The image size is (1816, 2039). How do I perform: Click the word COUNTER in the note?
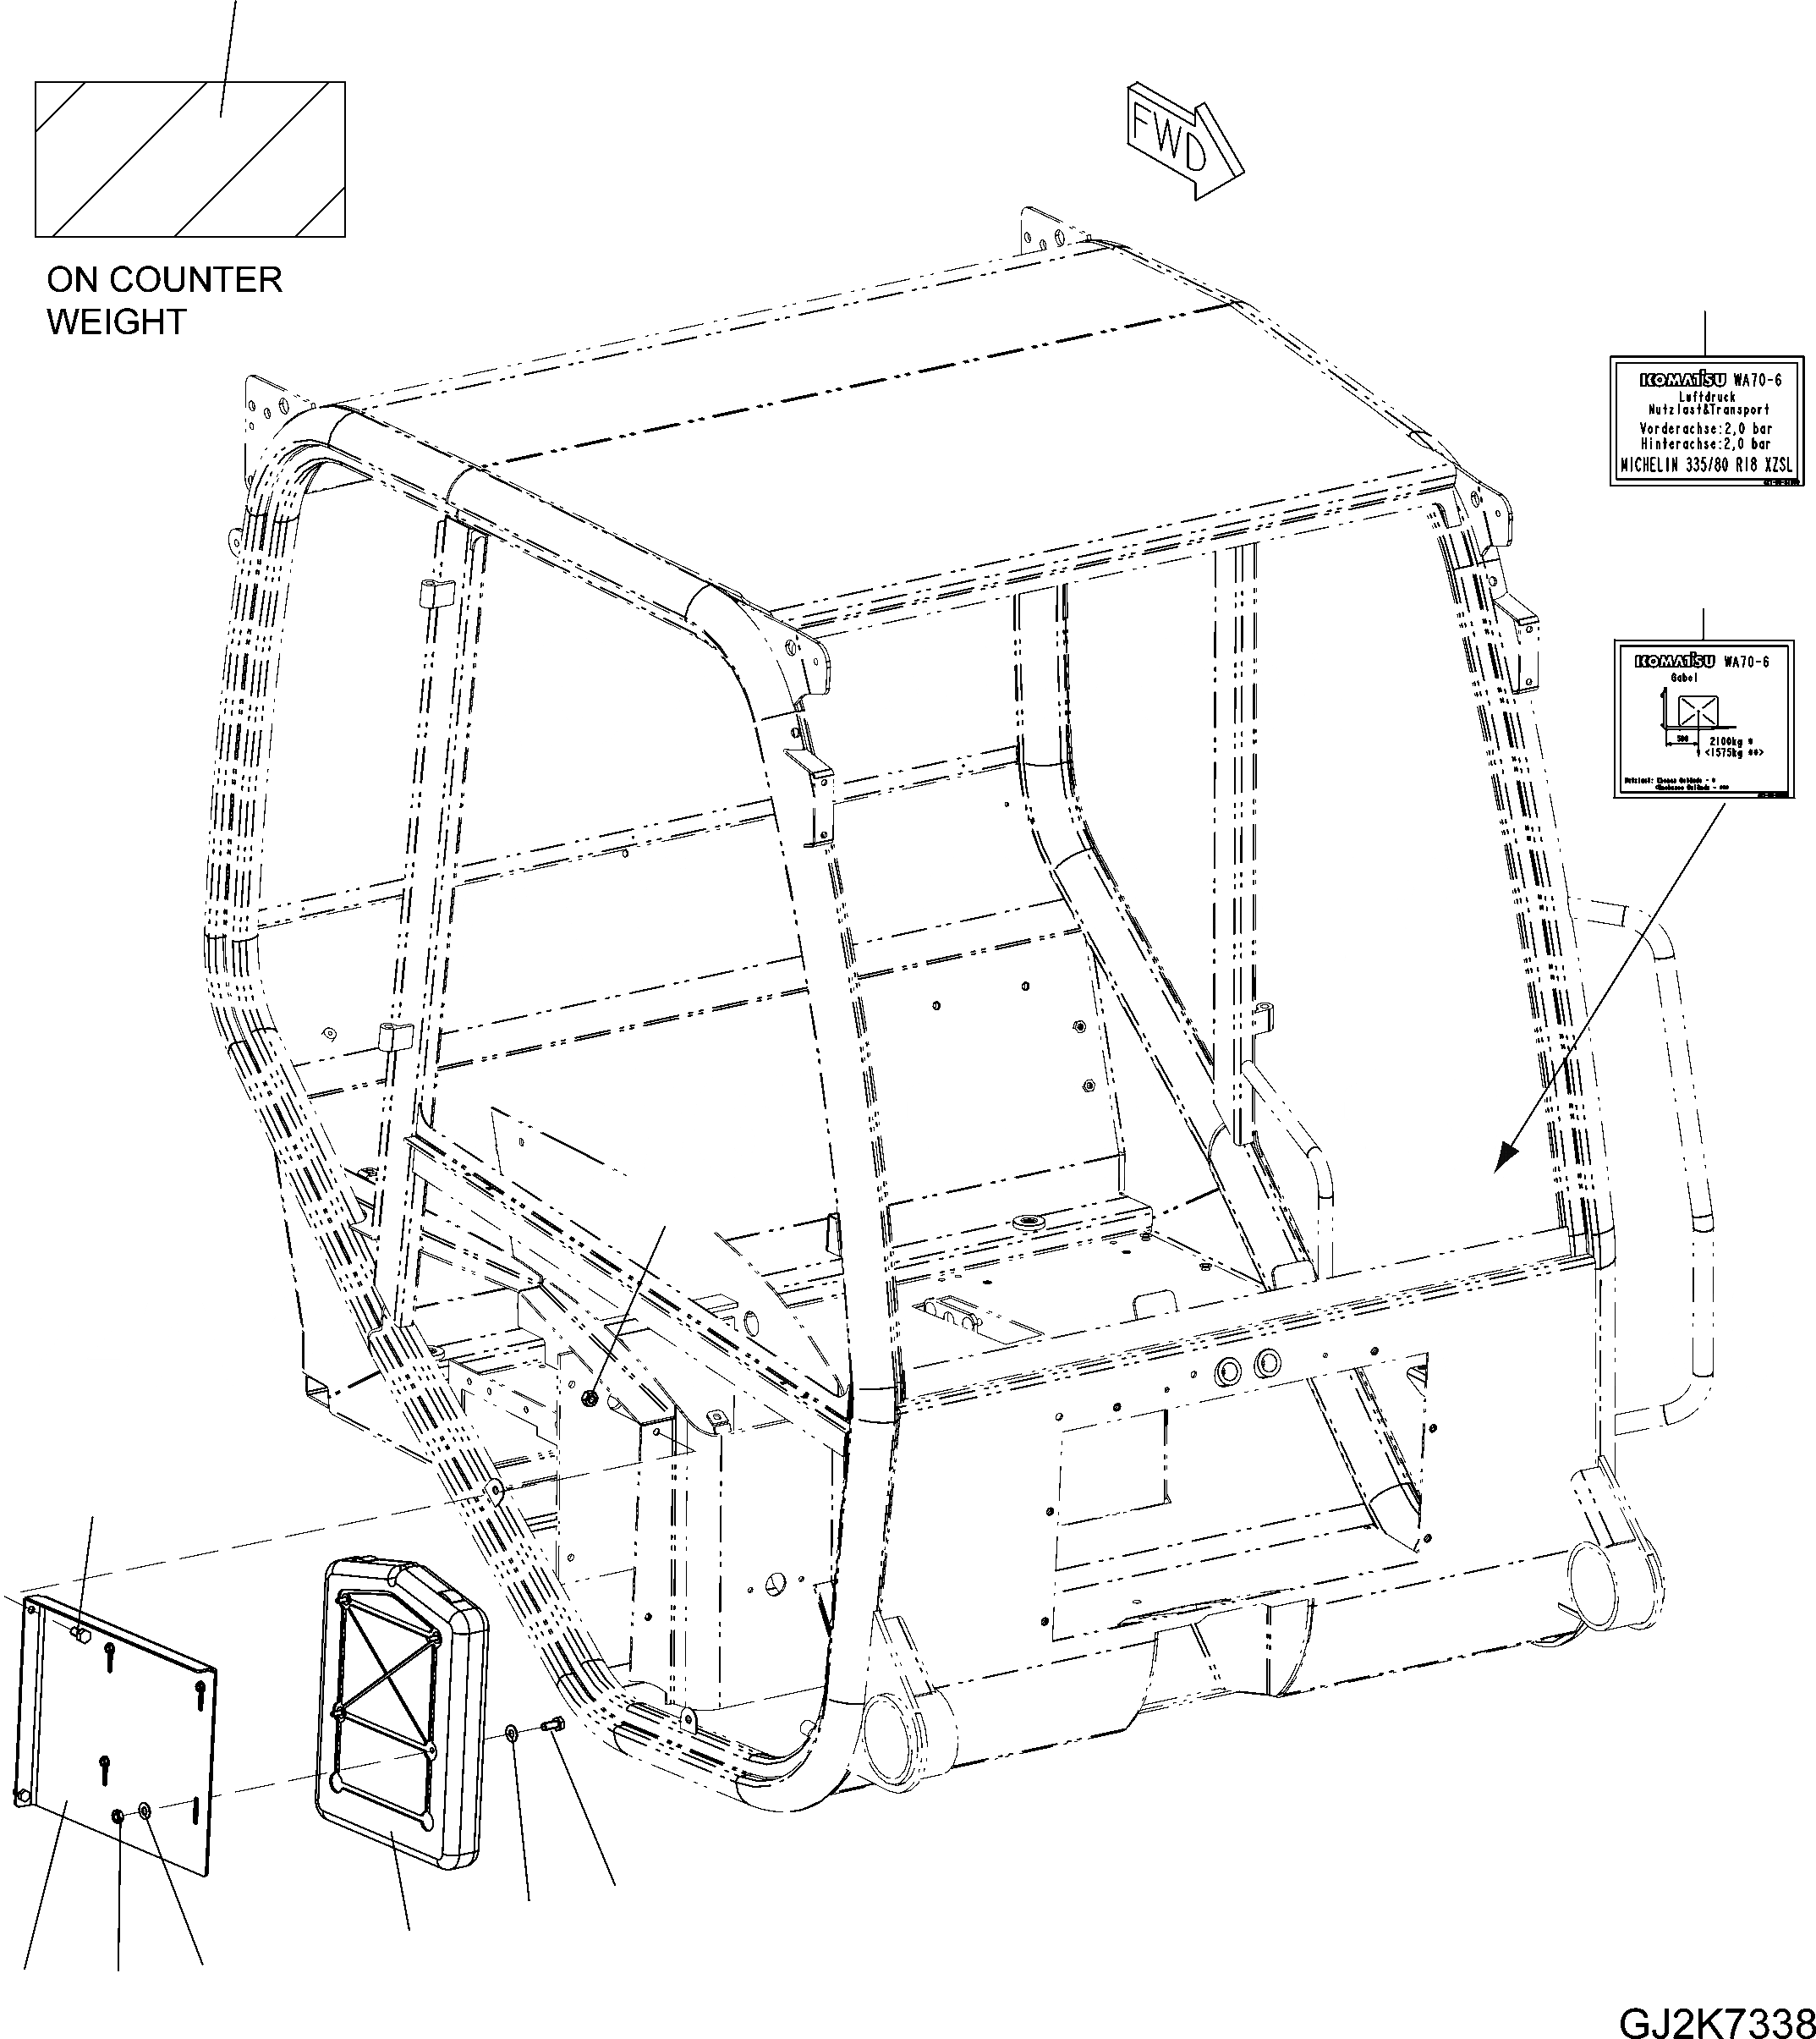209,279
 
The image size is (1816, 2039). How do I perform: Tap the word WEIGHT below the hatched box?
116,322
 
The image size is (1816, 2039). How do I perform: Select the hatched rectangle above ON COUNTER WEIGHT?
189,160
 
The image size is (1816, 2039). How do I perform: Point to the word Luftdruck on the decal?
1707,397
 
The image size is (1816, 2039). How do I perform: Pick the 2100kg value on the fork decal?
1727,741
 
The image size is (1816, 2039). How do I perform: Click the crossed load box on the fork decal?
1694,712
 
